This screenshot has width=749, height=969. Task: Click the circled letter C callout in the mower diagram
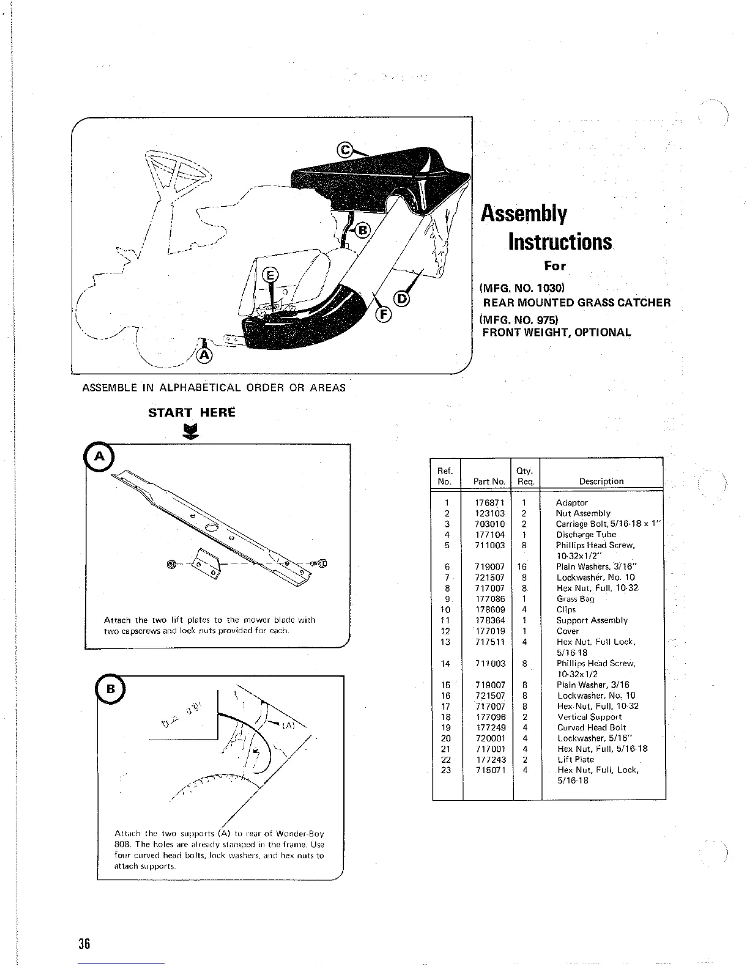point(346,150)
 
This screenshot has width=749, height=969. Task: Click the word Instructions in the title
point(560,242)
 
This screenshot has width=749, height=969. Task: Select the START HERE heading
point(192,412)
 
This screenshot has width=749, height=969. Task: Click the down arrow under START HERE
point(192,432)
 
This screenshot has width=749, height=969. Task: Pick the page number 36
point(84,943)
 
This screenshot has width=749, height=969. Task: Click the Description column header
point(601,481)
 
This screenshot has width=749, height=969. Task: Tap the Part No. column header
point(489,481)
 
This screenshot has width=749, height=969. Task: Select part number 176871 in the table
point(490,503)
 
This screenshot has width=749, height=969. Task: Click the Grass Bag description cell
point(575,599)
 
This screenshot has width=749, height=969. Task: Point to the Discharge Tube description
point(586,535)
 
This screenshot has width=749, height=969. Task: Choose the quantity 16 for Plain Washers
point(521,567)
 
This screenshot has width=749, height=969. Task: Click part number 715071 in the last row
point(490,770)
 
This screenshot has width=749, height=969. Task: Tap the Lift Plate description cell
point(575,759)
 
